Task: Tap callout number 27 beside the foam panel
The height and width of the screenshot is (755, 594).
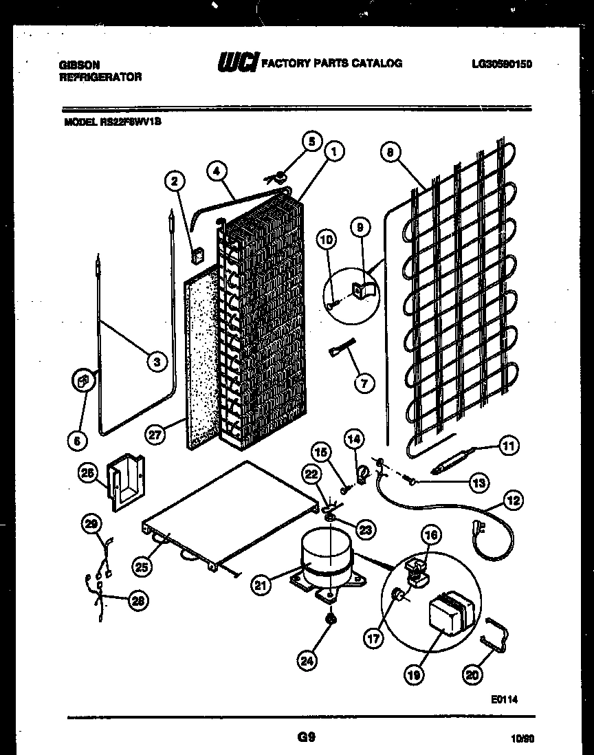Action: [156, 435]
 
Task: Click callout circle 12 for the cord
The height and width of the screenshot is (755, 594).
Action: [511, 500]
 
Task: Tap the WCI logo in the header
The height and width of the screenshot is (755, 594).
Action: [237, 63]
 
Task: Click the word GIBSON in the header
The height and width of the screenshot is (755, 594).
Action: [78, 64]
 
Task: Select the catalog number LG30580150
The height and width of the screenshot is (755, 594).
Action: [503, 64]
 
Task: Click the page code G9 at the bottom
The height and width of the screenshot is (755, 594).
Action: [306, 737]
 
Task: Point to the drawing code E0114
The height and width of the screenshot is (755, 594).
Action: [504, 699]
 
